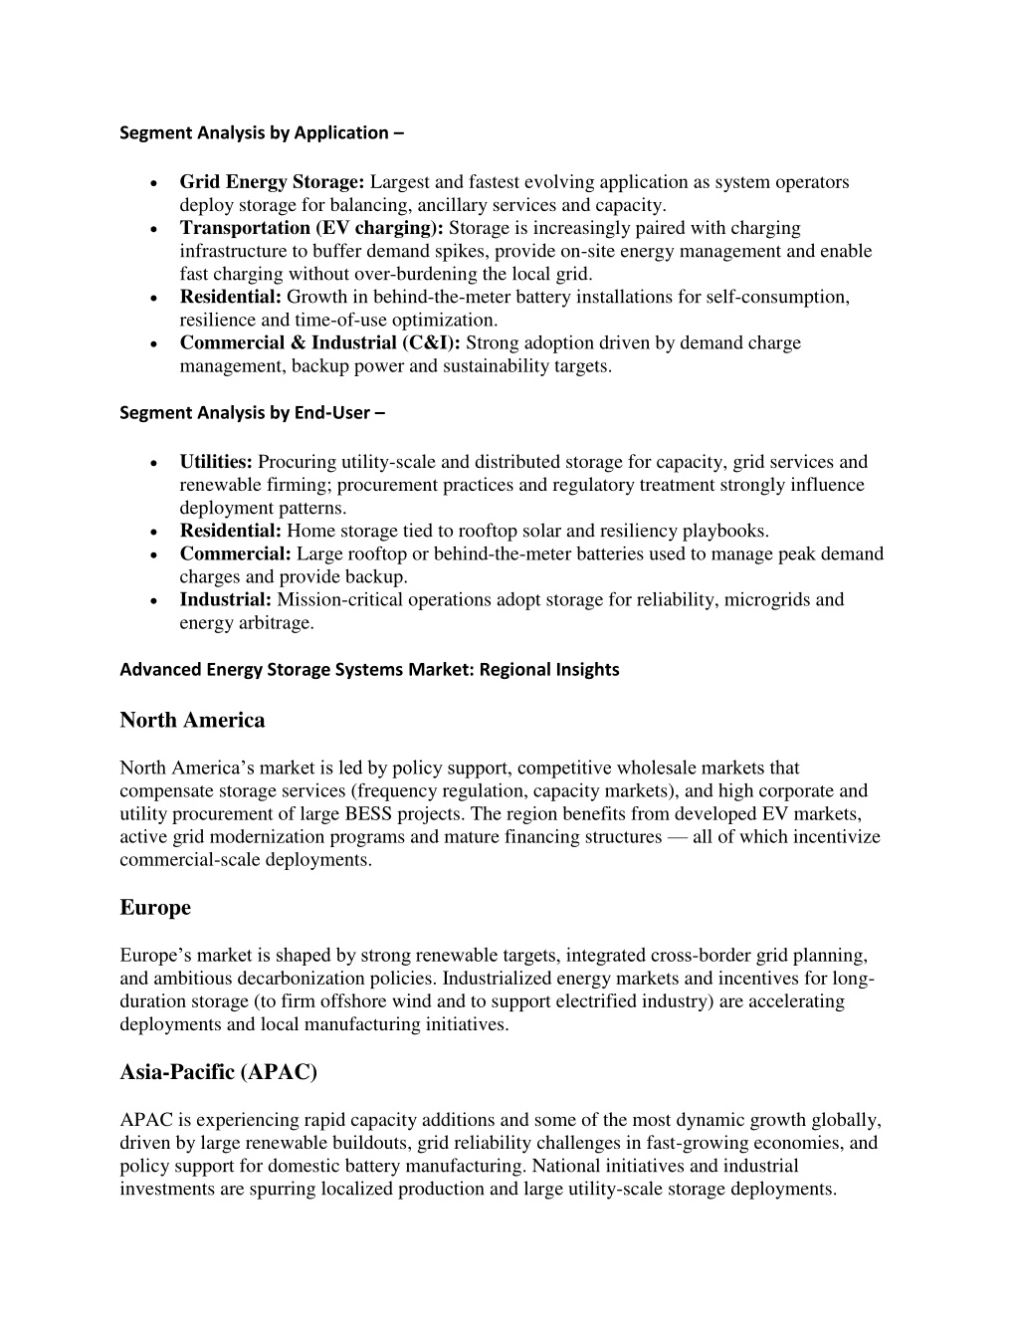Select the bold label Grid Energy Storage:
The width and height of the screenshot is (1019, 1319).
[274, 182]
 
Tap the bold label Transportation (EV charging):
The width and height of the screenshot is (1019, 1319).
[311, 228]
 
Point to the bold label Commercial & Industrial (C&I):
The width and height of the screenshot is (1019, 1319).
[319, 342]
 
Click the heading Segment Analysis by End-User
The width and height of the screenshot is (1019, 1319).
[252, 412]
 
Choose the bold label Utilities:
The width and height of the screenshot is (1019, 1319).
[216, 462]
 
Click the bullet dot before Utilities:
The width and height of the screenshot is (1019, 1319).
[150, 463]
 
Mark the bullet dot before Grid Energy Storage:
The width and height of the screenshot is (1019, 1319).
[150, 183]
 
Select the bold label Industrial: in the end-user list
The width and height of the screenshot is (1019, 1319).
[225, 599]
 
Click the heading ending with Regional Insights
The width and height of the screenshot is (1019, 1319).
[369, 669]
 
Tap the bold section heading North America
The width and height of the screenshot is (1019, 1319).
[192, 720]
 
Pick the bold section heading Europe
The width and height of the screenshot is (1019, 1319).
[155, 908]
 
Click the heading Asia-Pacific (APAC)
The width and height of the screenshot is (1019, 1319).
[218, 1072]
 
